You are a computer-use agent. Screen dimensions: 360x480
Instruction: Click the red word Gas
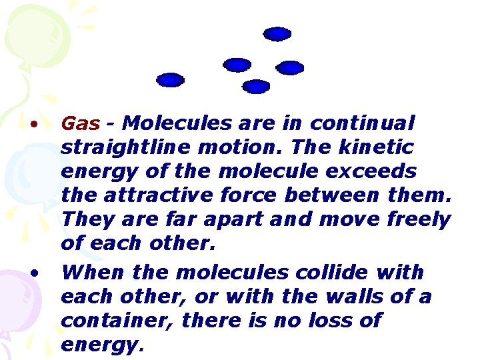[80, 124]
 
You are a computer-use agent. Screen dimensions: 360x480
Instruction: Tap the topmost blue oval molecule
[277, 33]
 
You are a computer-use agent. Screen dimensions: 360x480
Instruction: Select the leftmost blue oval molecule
[170, 80]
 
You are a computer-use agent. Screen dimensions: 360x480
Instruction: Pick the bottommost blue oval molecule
[255, 86]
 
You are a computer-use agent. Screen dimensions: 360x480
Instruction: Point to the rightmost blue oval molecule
[290, 67]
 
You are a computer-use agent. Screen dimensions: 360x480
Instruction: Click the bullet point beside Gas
[32, 124]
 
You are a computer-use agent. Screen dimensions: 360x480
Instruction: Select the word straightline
[113, 148]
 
